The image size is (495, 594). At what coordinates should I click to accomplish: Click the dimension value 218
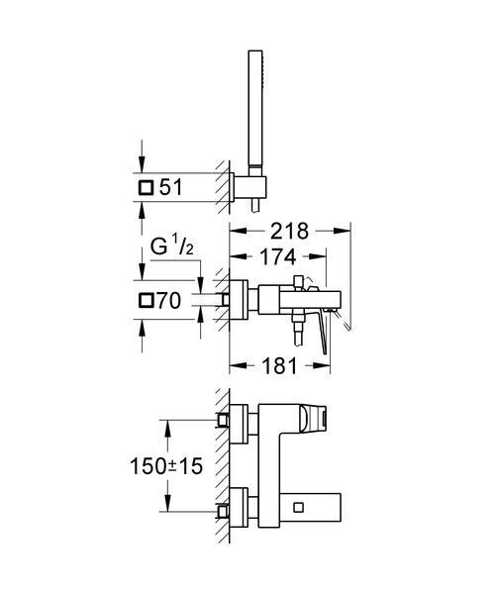pos(289,231)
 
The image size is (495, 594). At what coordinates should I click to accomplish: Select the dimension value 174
pos(277,256)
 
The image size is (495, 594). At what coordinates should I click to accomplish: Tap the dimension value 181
pos(279,366)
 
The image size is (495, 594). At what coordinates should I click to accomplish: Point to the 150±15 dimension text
pos(166,466)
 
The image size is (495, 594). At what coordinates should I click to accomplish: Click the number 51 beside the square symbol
pos(171,187)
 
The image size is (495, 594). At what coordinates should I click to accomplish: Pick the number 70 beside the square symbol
pos(169,300)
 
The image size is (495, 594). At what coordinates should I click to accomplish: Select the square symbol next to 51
pos(146,187)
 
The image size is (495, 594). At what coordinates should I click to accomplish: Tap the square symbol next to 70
pos(147,301)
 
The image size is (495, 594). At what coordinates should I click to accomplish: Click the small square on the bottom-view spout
pos(298,507)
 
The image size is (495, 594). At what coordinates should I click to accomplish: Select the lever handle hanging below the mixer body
pos(323,335)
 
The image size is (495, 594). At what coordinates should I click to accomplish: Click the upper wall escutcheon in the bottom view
pos(239,425)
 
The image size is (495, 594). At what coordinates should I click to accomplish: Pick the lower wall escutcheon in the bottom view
pos(239,507)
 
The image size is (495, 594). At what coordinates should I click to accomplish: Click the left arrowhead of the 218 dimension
pos(238,231)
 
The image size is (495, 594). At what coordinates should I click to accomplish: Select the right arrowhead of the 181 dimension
pos(322,365)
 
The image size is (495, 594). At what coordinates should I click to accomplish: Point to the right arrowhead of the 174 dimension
pos(318,256)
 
